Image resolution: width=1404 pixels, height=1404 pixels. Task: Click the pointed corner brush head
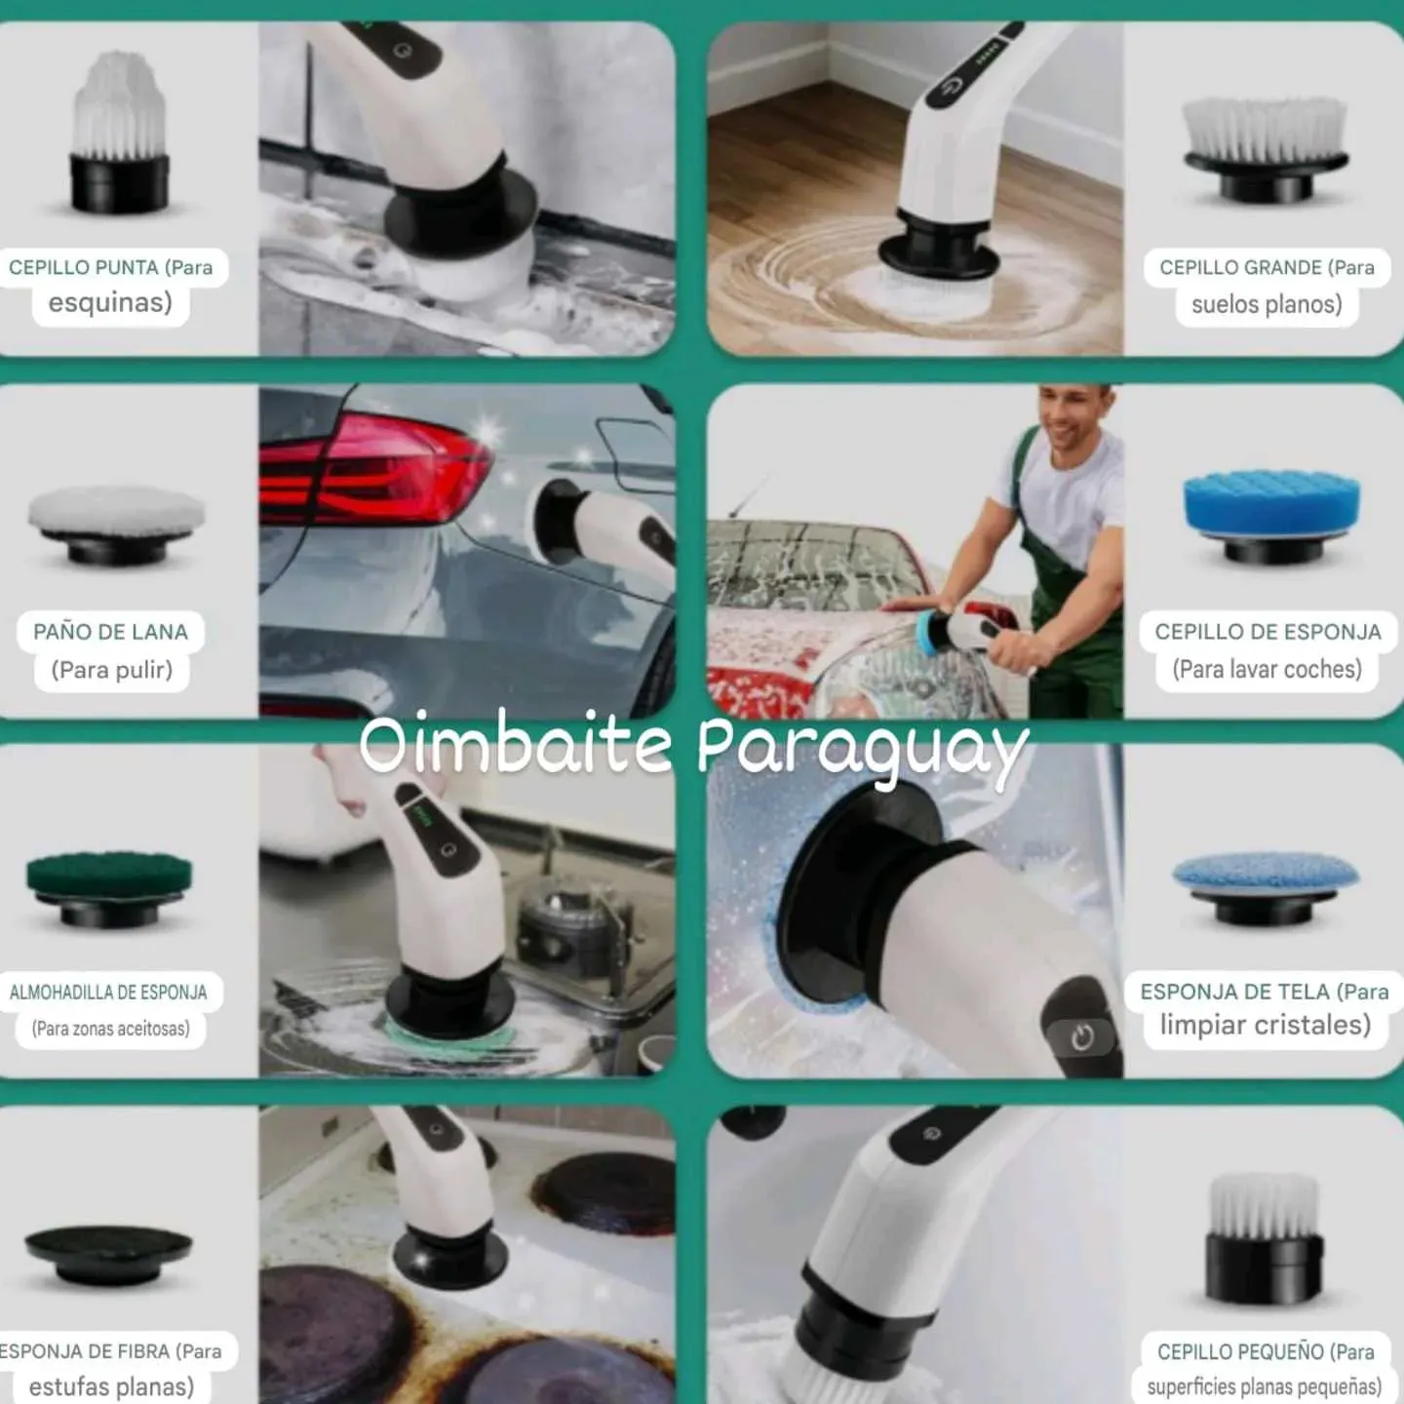coord(119,132)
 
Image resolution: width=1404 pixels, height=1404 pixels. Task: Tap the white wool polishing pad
coord(116,524)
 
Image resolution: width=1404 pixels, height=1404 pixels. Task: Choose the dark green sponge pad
coord(109,888)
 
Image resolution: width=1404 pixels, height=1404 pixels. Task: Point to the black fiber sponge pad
coord(108,1255)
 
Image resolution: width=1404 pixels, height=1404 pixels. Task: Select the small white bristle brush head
coord(1264,1238)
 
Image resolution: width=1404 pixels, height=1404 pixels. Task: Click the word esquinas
coord(110,302)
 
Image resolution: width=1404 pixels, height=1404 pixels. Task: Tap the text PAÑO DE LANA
coord(111,632)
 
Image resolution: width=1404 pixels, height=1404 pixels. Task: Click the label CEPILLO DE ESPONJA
coord(1267,632)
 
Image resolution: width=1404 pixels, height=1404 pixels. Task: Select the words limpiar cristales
coord(1266,1025)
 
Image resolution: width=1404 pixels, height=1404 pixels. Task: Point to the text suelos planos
coord(1267,304)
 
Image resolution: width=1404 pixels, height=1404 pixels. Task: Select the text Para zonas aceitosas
coord(111,1029)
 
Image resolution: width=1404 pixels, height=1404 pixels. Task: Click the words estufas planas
coord(111,1386)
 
